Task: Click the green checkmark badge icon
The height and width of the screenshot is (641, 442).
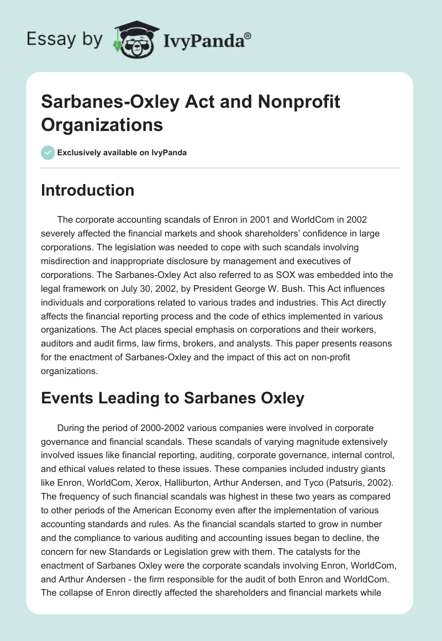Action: click(x=48, y=153)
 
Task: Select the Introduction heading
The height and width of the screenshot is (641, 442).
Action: click(x=88, y=191)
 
